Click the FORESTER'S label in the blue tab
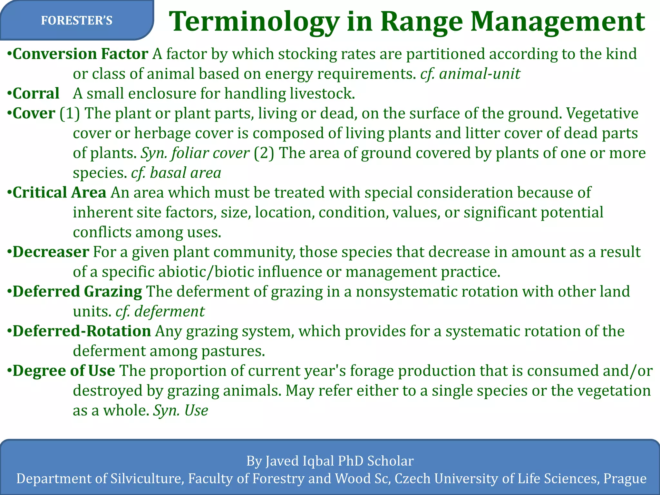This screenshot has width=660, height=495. coord(77,21)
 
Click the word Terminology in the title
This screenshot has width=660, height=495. coord(254,22)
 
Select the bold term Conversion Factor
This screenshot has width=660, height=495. coord(80,54)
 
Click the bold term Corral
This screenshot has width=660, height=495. coord(36,93)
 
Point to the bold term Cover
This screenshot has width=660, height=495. coord(34,113)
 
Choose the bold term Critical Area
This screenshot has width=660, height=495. coord(59,193)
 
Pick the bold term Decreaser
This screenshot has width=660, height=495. coord(51,252)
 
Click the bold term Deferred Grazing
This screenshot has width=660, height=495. coord(77,292)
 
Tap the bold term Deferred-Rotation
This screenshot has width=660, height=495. coord(82,331)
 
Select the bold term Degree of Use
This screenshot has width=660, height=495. coord(63,371)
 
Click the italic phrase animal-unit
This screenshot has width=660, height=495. coord(480,74)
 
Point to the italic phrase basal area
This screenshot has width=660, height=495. coord(185,173)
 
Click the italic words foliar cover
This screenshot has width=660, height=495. coord(210,153)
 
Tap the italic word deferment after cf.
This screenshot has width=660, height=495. coord(169,312)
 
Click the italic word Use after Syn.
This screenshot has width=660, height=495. coord(196,411)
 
